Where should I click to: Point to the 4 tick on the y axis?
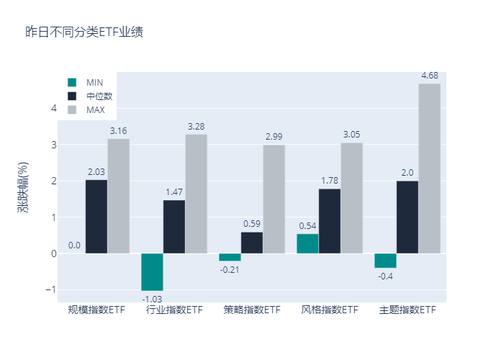click(x=53, y=109)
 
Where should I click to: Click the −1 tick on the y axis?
click(x=50, y=289)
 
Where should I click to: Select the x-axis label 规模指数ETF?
click(x=96, y=310)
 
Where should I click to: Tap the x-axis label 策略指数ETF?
click(x=252, y=310)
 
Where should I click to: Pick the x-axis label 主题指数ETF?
click(x=408, y=310)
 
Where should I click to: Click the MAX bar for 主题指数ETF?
click(x=429, y=168)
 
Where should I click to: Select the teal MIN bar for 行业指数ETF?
click(x=152, y=272)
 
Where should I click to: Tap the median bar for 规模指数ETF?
click(x=96, y=217)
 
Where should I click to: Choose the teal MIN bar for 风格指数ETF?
click(x=307, y=243)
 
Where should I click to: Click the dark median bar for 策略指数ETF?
click(x=252, y=243)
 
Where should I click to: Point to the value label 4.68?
click(x=429, y=76)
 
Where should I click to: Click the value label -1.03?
click(x=152, y=299)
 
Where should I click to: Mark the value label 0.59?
click(x=252, y=224)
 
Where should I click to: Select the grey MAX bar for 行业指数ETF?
click(x=196, y=194)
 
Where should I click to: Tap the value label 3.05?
click(x=351, y=135)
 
